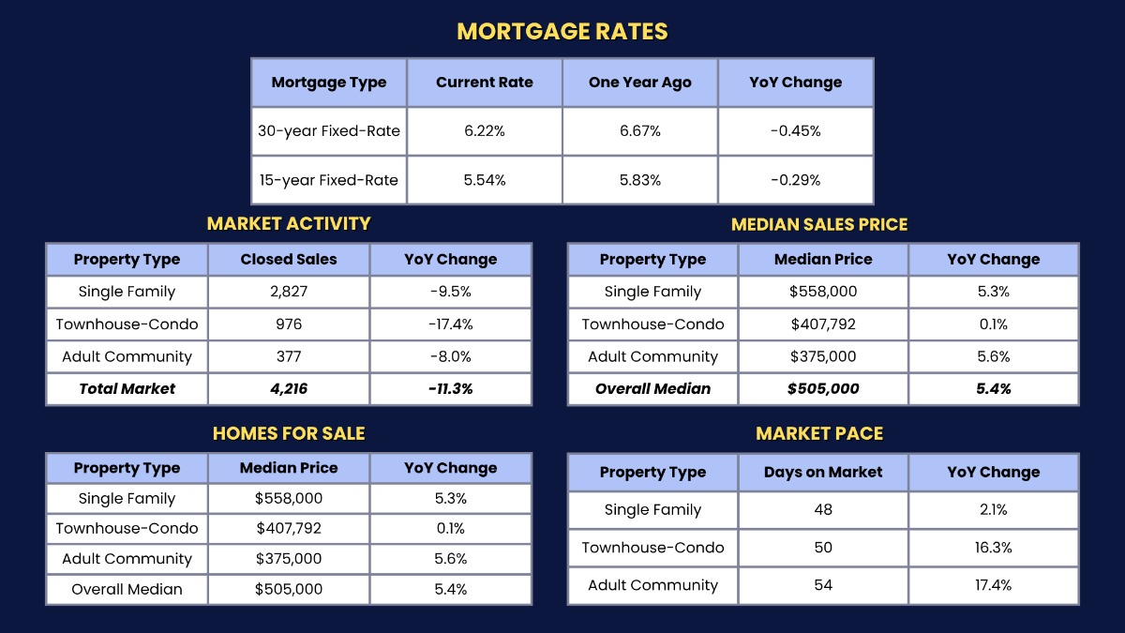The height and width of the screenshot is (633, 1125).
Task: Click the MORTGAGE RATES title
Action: [x=562, y=31]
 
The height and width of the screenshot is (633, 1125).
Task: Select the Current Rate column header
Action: [x=484, y=83]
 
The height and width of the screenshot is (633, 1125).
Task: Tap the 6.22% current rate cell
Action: [x=484, y=131]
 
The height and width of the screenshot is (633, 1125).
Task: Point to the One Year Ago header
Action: [x=639, y=83]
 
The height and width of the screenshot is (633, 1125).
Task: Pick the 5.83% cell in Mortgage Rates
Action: [x=639, y=180]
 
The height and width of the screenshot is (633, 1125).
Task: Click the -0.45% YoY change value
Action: [x=795, y=131]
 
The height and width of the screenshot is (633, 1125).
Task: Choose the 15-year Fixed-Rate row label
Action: [x=329, y=180]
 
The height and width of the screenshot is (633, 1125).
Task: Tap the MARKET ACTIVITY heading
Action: [x=289, y=224]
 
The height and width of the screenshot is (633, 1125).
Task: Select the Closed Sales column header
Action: [x=289, y=260]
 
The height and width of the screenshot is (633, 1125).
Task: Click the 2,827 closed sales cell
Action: [x=289, y=292]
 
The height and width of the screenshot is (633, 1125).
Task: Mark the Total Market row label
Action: [x=127, y=388]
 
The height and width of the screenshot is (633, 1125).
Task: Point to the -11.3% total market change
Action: [x=450, y=388]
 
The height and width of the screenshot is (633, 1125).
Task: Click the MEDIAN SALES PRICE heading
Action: [x=819, y=225]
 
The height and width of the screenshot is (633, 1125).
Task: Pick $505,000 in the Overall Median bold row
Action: [x=823, y=388]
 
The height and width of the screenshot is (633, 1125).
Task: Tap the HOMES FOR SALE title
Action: [x=289, y=433]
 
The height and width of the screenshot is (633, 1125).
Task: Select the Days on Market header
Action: [x=823, y=473]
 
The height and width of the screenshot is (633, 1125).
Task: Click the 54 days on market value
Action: [x=823, y=585]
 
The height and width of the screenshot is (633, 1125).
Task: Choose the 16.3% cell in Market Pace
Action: [x=994, y=548]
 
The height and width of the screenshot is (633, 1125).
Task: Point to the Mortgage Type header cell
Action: [x=329, y=83]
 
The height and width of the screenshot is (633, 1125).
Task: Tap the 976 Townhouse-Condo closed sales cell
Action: [x=289, y=324]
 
